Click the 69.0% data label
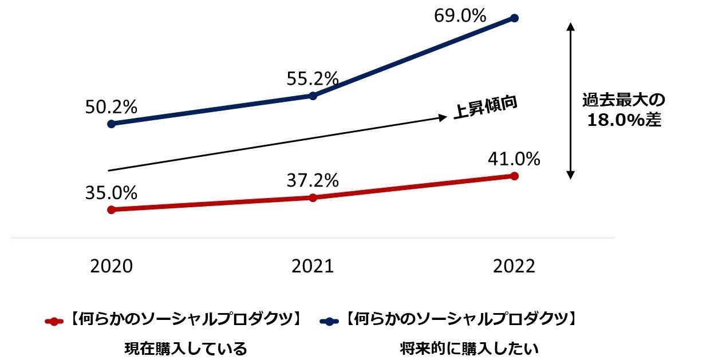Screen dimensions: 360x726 [x=460, y=15]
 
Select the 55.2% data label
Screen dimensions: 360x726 [x=313, y=78]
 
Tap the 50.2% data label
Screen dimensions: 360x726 [x=111, y=107]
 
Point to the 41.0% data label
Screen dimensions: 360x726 [x=514, y=159]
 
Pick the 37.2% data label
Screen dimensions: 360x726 [x=313, y=181]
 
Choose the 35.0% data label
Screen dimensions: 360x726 [x=111, y=193]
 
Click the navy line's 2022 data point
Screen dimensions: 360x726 [x=514, y=18]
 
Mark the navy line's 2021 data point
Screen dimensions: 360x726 [x=313, y=96]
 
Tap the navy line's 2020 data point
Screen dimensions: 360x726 [x=111, y=124]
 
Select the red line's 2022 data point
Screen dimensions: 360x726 [x=514, y=176]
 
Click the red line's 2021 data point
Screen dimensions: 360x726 [x=313, y=197]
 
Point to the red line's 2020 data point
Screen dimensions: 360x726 [x=111, y=209]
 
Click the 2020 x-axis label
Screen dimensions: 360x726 [x=111, y=267]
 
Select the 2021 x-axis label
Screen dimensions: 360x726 [x=313, y=267]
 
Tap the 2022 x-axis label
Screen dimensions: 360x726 [x=514, y=267]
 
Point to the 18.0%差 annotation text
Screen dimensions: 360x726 [x=622, y=121]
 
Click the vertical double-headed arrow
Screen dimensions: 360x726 [x=570, y=100]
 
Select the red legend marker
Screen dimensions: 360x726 [x=53, y=321]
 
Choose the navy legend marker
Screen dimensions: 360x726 [x=328, y=321]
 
